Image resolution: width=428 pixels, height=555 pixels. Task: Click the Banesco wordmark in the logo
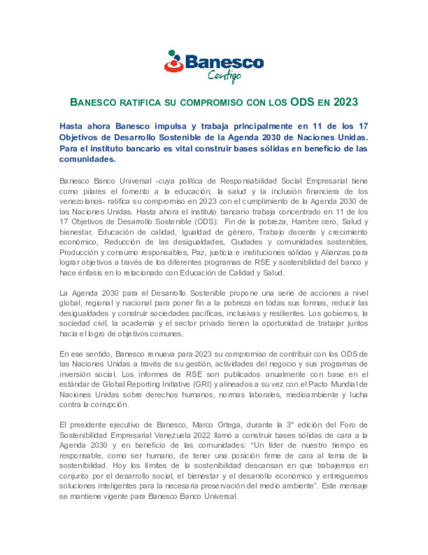pyautogui.click(x=224, y=62)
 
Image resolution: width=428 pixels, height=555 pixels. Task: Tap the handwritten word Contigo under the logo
pyautogui.click(x=224, y=75)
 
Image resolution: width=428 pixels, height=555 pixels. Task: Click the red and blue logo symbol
pyautogui.click(x=174, y=62)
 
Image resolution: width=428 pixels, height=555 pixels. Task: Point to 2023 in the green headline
pyautogui.click(x=346, y=102)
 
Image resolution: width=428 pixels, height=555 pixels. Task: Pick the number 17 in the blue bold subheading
pyautogui.click(x=363, y=126)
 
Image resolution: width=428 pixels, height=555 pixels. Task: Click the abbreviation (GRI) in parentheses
pyautogui.click(x=203, y=384)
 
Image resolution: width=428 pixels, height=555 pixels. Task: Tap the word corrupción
pyautogui.click(x=109, y=405)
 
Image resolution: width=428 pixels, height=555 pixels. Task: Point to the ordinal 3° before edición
pyautogui.click(x=290, y=425)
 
